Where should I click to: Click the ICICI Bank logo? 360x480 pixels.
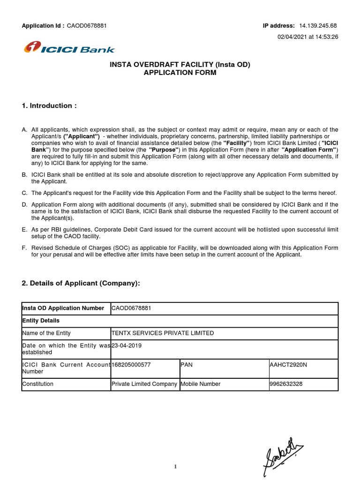tap(69, 48)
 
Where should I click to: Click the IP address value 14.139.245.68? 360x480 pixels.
tap(318, 26)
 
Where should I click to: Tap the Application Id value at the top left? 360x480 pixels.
tap(87, 26)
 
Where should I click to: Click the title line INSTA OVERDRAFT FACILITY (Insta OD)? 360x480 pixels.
tap(180, 65)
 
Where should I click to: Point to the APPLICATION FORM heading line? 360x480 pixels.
tap(180, 73)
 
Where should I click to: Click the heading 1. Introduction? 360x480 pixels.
tap(49, 106)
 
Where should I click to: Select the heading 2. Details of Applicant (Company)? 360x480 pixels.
tap(81, 283)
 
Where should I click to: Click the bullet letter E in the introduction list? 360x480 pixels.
tap(24, 229)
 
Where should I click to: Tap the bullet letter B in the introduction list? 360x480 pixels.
tap(24, 175)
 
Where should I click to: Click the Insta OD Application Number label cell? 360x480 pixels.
tap(63, 308)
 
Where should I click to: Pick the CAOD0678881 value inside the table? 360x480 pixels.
tap(131, 308)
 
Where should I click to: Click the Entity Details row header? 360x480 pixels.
tap(41, 321)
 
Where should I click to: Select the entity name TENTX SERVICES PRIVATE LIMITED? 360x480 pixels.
tap(162, 333)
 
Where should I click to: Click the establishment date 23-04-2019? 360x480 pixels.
tap(127, 345)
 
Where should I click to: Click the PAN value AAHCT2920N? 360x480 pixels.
tap(288, 364)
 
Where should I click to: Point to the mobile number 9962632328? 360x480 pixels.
tap(286, 384)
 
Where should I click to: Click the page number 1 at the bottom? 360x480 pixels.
tap(175, 467)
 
